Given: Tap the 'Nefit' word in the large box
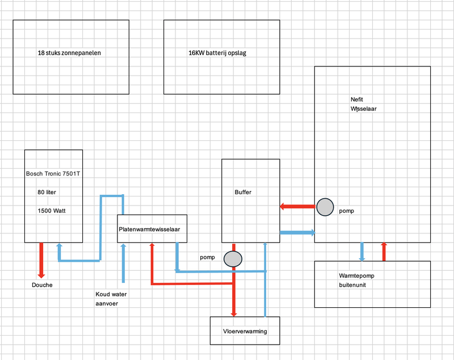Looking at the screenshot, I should (357, 99).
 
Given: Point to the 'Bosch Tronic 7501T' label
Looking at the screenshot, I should (53, 173).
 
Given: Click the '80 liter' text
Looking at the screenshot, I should (47, 192).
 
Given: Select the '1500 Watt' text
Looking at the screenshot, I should (51, 210).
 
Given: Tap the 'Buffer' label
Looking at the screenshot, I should (243, 192).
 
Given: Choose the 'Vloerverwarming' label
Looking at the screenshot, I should (245, 331).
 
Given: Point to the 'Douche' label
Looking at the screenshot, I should (42, 284).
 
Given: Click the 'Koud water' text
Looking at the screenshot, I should (111, 294).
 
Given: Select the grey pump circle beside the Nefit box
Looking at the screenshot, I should (325, 207).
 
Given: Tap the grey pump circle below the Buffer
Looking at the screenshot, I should (233, 258).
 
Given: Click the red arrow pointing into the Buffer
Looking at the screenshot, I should (297, 206).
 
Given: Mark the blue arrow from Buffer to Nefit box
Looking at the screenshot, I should (297, 232).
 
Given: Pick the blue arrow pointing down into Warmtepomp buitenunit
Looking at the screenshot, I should (362, 252).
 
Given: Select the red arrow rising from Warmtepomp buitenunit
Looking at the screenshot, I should (384, 252).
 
